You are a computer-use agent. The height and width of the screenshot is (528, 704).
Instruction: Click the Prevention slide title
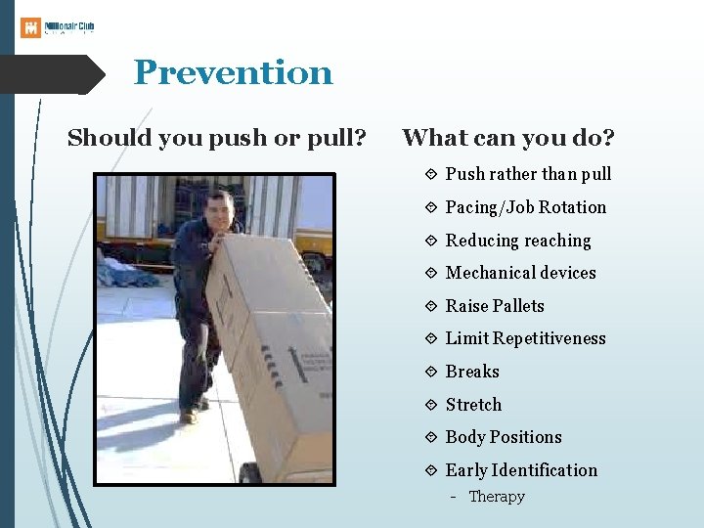click(x=233, y=72)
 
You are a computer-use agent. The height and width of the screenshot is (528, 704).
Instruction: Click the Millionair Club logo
click(x=58, y=26)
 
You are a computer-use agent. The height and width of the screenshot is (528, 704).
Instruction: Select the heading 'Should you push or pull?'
click(x=216, y=138)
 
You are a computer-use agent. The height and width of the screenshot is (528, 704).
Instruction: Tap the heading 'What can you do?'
click(x=507, y=138)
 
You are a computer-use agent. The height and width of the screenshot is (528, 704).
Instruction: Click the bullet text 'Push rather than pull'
click(x=528, y=174)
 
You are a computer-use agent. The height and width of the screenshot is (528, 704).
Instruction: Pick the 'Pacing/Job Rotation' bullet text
click(x=525, y=207)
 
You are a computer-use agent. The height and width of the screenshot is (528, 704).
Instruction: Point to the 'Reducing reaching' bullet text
click(x=518, y=241)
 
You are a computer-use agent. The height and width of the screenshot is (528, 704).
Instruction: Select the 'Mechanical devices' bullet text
click(x=520, y=273)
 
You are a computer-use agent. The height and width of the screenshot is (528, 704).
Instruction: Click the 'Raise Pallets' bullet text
click(x=495, y=306)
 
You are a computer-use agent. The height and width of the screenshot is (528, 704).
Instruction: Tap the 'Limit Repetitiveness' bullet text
click(x=525, y=338)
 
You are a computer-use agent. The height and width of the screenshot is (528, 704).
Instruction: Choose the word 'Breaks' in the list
click(x=472, y=372)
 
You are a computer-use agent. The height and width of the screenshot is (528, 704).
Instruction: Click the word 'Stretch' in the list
click(x=473, y=405)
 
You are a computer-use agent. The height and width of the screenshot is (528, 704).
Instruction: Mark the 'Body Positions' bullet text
click(x=504, y=437)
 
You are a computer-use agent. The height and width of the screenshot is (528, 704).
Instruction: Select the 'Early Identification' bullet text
click(x=521, y=470)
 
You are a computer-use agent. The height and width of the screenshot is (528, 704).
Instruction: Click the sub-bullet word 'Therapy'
click(x=497, y=497)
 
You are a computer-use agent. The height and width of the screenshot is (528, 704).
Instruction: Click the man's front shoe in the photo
click(x=188, y=416)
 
